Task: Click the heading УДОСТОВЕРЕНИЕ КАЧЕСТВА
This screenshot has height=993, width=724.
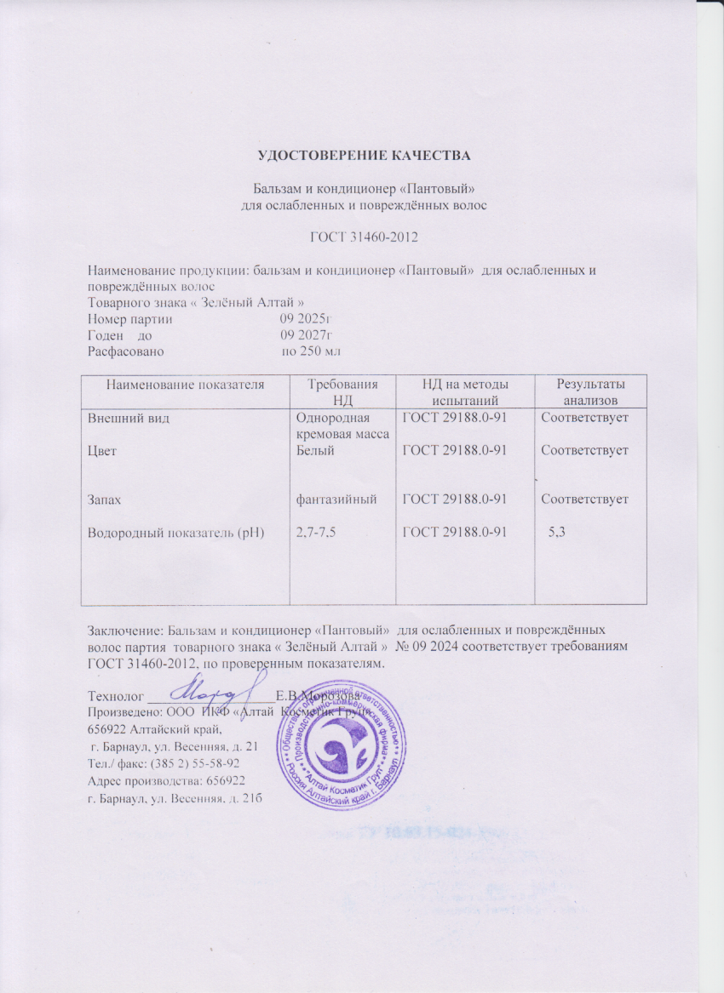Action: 365,155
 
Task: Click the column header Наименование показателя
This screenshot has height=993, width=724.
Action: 185,385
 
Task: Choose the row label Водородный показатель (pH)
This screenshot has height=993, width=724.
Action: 176,533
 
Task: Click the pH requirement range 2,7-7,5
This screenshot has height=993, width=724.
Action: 314,533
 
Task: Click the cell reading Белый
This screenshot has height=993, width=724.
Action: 313,451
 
